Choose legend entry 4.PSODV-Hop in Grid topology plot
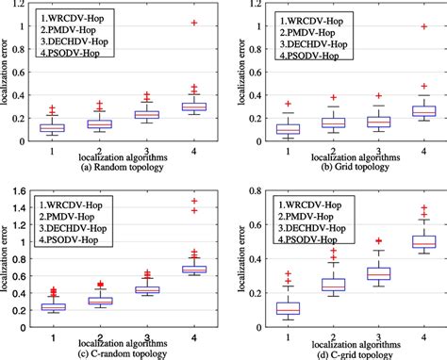click(303, 57)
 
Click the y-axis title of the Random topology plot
click(8, 73)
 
